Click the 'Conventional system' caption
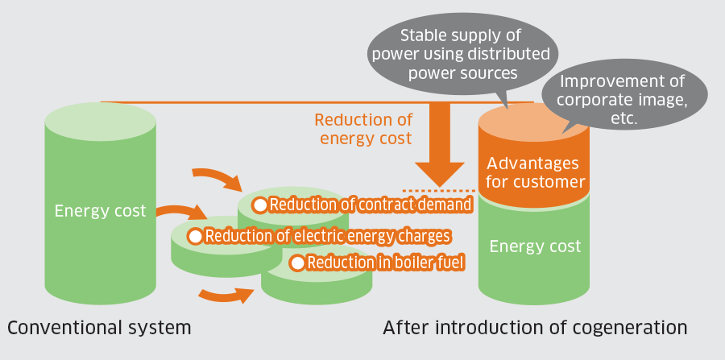99,328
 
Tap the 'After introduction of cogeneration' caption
535,328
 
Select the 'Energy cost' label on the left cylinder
100,211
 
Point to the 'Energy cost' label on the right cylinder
535,246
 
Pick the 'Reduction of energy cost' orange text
365,129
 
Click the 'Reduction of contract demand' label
370,205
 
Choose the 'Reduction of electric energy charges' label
326,236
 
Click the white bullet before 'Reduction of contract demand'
260,205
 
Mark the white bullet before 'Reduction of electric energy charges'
195,236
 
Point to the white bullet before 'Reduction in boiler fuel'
297,262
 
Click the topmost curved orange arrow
215,178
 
